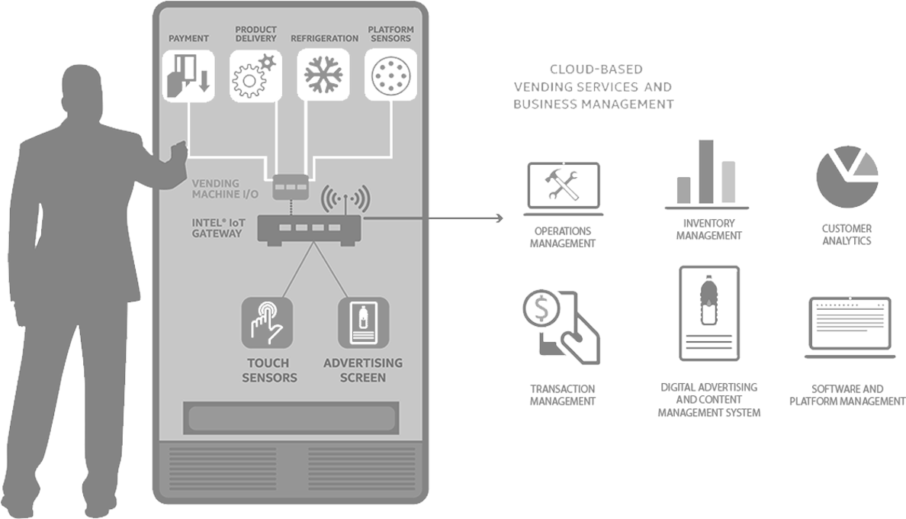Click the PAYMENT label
(x=188, y=38)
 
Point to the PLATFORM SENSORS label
(x=390, y=34)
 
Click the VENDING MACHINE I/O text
(x=224, y=189)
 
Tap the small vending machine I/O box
(x=291, y=185)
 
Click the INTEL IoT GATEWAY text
(x=217, y=227)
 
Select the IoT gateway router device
(x=309, y=228)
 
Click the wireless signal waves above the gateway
(x=345, y=198)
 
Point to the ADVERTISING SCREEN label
(x=363, y=370)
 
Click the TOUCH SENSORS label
(x=269, y=370)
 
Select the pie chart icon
(x=847, y=172)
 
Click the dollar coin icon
(x=541, y=310)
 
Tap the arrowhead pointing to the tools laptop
(x=500, y=218)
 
